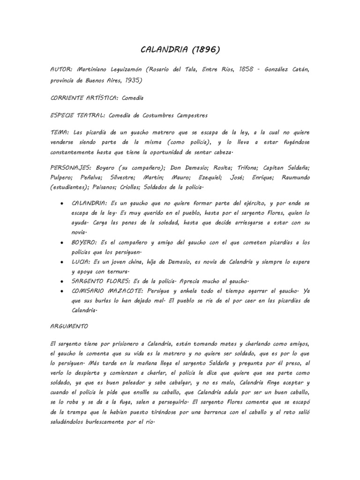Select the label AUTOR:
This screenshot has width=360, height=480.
point(62,69)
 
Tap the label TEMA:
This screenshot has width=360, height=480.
point(60,132)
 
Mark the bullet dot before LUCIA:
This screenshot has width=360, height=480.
point(63,263)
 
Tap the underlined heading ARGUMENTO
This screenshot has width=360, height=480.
point(68,324)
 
